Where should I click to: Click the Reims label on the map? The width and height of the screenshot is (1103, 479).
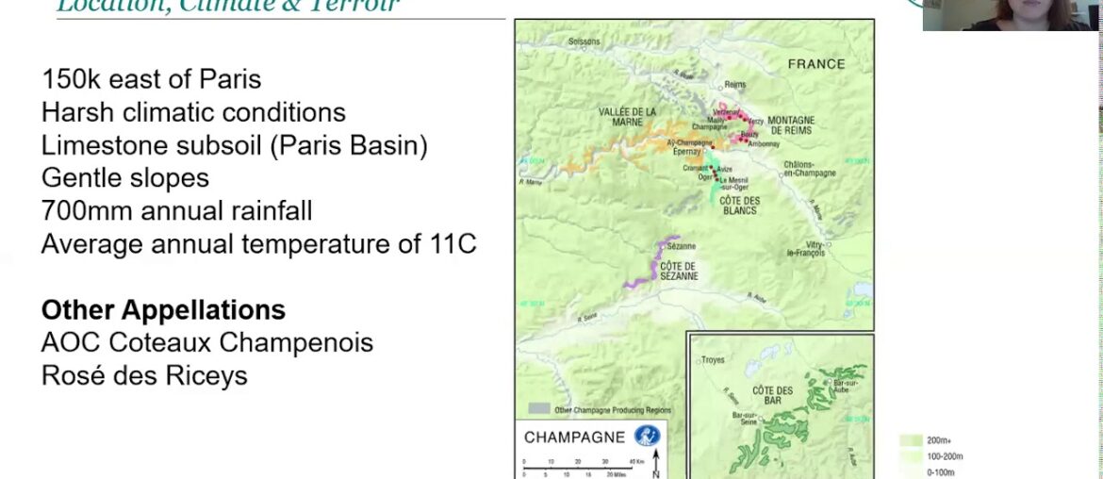(735, 84)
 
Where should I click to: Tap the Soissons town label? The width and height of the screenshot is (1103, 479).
(584, 41)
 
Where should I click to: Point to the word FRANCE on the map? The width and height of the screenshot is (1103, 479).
(816, 64)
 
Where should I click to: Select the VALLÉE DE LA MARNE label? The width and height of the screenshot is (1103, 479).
(627, 117)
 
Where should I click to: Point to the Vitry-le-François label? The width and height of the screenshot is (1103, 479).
(808, 248)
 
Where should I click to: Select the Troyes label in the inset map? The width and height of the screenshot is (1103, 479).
(714, 359)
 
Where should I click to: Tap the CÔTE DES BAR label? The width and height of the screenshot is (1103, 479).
(772, 395)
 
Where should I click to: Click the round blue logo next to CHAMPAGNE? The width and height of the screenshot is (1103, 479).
(647, 437)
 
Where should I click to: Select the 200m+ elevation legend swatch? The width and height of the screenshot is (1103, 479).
(910, 439)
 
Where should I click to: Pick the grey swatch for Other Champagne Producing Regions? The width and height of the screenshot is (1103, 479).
(538, 409)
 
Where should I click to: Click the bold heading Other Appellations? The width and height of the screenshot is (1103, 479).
(163, 309)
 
